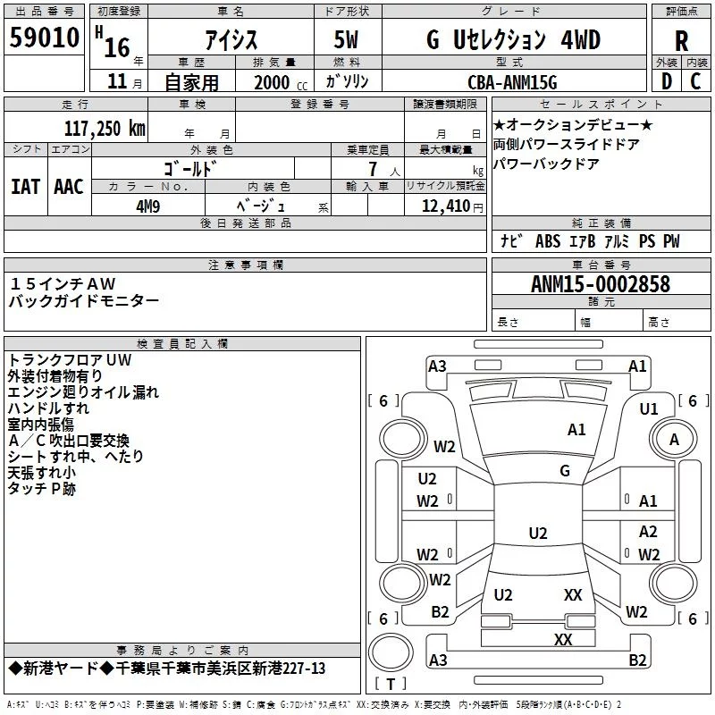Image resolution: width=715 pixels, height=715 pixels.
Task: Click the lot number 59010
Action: click(x=44, y=37)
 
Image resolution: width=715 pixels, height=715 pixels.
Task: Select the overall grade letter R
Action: click(x=681, y=41)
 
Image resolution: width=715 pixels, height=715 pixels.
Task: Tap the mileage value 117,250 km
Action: click(x=105, y=129)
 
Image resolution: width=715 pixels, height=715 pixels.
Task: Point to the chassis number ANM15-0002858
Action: click(x=601, y=284)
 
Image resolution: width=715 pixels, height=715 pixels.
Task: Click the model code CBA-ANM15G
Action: click(x=512, y=82)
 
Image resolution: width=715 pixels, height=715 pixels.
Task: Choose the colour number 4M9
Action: click(x=148, y=206)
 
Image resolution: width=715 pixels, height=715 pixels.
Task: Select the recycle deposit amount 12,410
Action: click(x=446, y=206)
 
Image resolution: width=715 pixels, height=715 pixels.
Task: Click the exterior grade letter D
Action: click(x=667, y=81)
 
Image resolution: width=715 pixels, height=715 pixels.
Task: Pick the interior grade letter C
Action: click(x=695, y=81)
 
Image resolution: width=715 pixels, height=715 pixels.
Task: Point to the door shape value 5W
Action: click(x=346, y=40)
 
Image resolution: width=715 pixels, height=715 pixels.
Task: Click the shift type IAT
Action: click(x=26, y=187)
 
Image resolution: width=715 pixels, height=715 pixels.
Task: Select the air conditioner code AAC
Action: click(x=69, y=187)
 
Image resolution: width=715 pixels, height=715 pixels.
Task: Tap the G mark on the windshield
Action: click(x=565, y=470)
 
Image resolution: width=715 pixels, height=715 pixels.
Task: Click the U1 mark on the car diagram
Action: click(x=649, y=409)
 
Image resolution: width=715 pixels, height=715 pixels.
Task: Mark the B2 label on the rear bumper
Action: click(x=637, y=660)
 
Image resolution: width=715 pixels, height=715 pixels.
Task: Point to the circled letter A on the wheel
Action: click(x=674, y=439)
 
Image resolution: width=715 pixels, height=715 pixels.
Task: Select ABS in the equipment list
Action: click(x=548, y=241)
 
